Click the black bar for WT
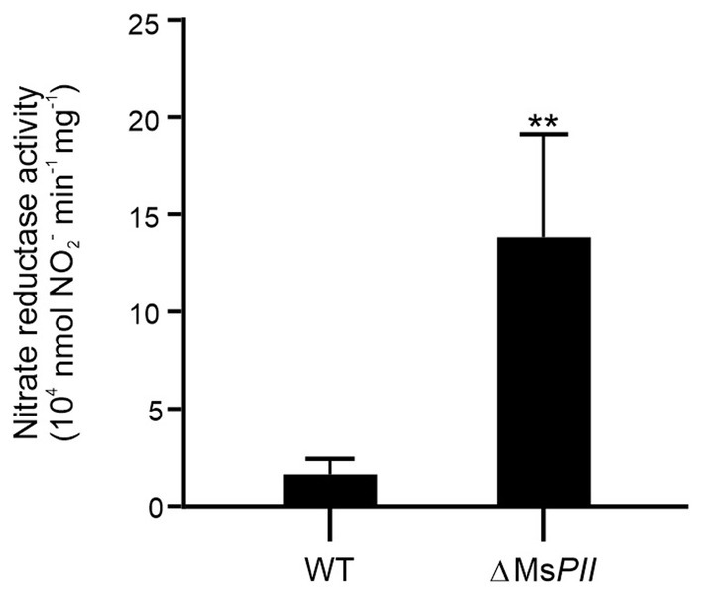[329, 491]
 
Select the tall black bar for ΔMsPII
[543, 372]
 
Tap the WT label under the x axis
[328, 572]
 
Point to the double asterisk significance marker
[542, 122]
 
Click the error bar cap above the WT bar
[329, 459]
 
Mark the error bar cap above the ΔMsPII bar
[543, 134]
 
